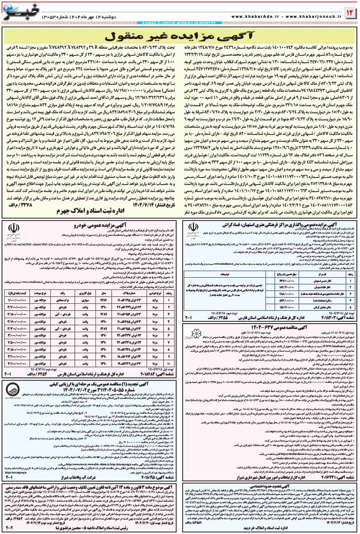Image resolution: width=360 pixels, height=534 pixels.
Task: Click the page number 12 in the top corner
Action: click(x=350, y=13)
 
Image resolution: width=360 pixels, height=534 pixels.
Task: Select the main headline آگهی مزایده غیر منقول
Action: click(x=180, y=37)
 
